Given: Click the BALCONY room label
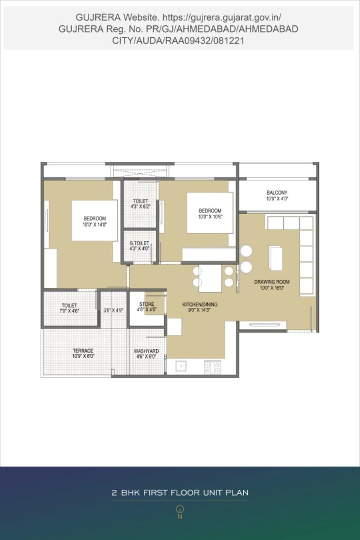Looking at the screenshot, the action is pyautogui.click(x=277, y=193).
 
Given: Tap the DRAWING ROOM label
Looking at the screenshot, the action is pyautogui.click(x=272, y=282).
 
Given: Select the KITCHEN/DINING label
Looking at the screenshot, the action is pyautogui.click(x=200, y=304).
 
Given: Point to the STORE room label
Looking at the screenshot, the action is pyautogui.click(x=147, y=304).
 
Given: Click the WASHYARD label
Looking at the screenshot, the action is pyautogui.click(x=147, y=351).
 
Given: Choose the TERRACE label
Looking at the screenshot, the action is pyautogui.click(x=83, y=351).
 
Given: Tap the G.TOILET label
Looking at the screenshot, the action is pyautogui.click(x=139, y=243).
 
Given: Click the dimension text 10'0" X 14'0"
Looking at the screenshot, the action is pyautogui.click(x=95, y=225).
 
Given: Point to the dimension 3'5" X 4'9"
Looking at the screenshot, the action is pyautogui.click(x=113, y=310).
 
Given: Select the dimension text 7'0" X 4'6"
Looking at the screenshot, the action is pyautogui.click(x=69, y=311).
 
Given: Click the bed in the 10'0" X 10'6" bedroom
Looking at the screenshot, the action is pyautogui.click(x=210, y=213).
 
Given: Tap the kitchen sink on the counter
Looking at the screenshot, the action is pyautogui.click(x=181, y=366).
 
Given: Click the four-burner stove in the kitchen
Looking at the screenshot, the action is pyautogui.click(x=212, y=367).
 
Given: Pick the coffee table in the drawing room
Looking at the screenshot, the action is pyautogui.click(x=276, y=258).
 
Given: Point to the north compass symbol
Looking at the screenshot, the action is pyautogui.click(x=180, y=512).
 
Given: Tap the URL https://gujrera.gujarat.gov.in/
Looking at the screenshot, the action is pyautogui.click(x=222, y=17).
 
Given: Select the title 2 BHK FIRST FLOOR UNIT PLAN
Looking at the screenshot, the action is pyautogui.click(x=180, y=493).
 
